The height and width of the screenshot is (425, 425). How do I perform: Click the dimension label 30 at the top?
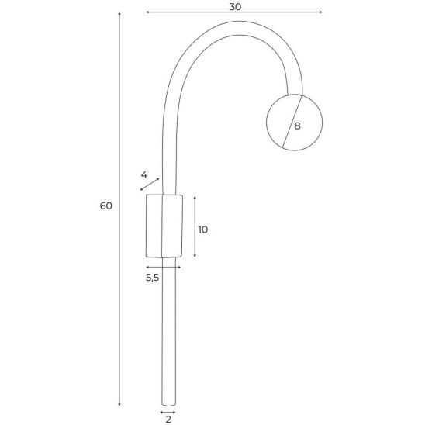coord(235,7)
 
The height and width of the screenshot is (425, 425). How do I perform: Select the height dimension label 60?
coord(106,206)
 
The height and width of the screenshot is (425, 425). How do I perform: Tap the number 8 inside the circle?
coord(297,126)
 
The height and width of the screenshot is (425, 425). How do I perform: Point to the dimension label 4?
coord(144,175)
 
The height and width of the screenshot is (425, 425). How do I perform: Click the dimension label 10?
coord(202,230)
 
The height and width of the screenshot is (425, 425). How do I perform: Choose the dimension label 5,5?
coord(152,278)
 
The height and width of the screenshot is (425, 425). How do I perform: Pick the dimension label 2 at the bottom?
coord(168,420)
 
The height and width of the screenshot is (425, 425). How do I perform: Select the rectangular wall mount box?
coord(164,226)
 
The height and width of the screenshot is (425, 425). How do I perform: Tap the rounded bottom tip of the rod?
coord(168,405)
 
